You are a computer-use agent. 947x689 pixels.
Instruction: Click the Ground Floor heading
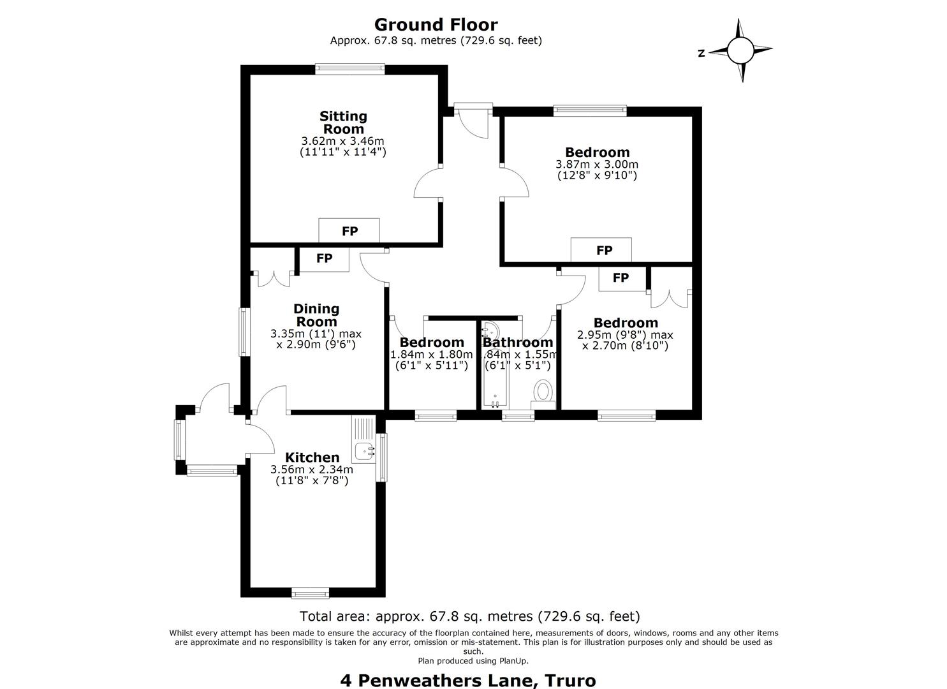click(436, 25)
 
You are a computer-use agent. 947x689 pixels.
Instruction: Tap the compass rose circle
click(740, 50)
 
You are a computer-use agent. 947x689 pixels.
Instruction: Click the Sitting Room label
click(343, 122)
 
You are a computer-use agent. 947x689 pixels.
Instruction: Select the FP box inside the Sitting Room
click(349, 231)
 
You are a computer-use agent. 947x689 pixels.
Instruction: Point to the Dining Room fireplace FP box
click(324, 258)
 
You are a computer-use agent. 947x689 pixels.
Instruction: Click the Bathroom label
click(518, 342)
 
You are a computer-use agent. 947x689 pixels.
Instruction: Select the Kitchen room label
click(312, 457)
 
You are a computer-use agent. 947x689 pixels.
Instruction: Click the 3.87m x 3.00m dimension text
click(596, 164)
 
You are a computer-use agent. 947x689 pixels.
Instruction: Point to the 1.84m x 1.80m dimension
click(431, 354)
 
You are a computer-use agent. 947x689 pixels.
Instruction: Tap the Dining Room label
click(316, 315)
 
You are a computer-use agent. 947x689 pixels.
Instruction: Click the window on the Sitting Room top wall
click(349, 69)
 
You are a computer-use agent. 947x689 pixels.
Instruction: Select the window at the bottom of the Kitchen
click(311, 593)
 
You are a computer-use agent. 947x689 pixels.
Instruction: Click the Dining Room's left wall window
click(244, 332)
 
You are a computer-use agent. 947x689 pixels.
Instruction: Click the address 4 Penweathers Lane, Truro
click(468, 681)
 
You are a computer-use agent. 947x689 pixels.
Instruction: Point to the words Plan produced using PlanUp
click(473, 661)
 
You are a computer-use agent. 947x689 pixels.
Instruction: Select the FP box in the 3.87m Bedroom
click(601, 250)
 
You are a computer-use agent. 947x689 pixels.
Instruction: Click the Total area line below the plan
click(470, 616)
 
